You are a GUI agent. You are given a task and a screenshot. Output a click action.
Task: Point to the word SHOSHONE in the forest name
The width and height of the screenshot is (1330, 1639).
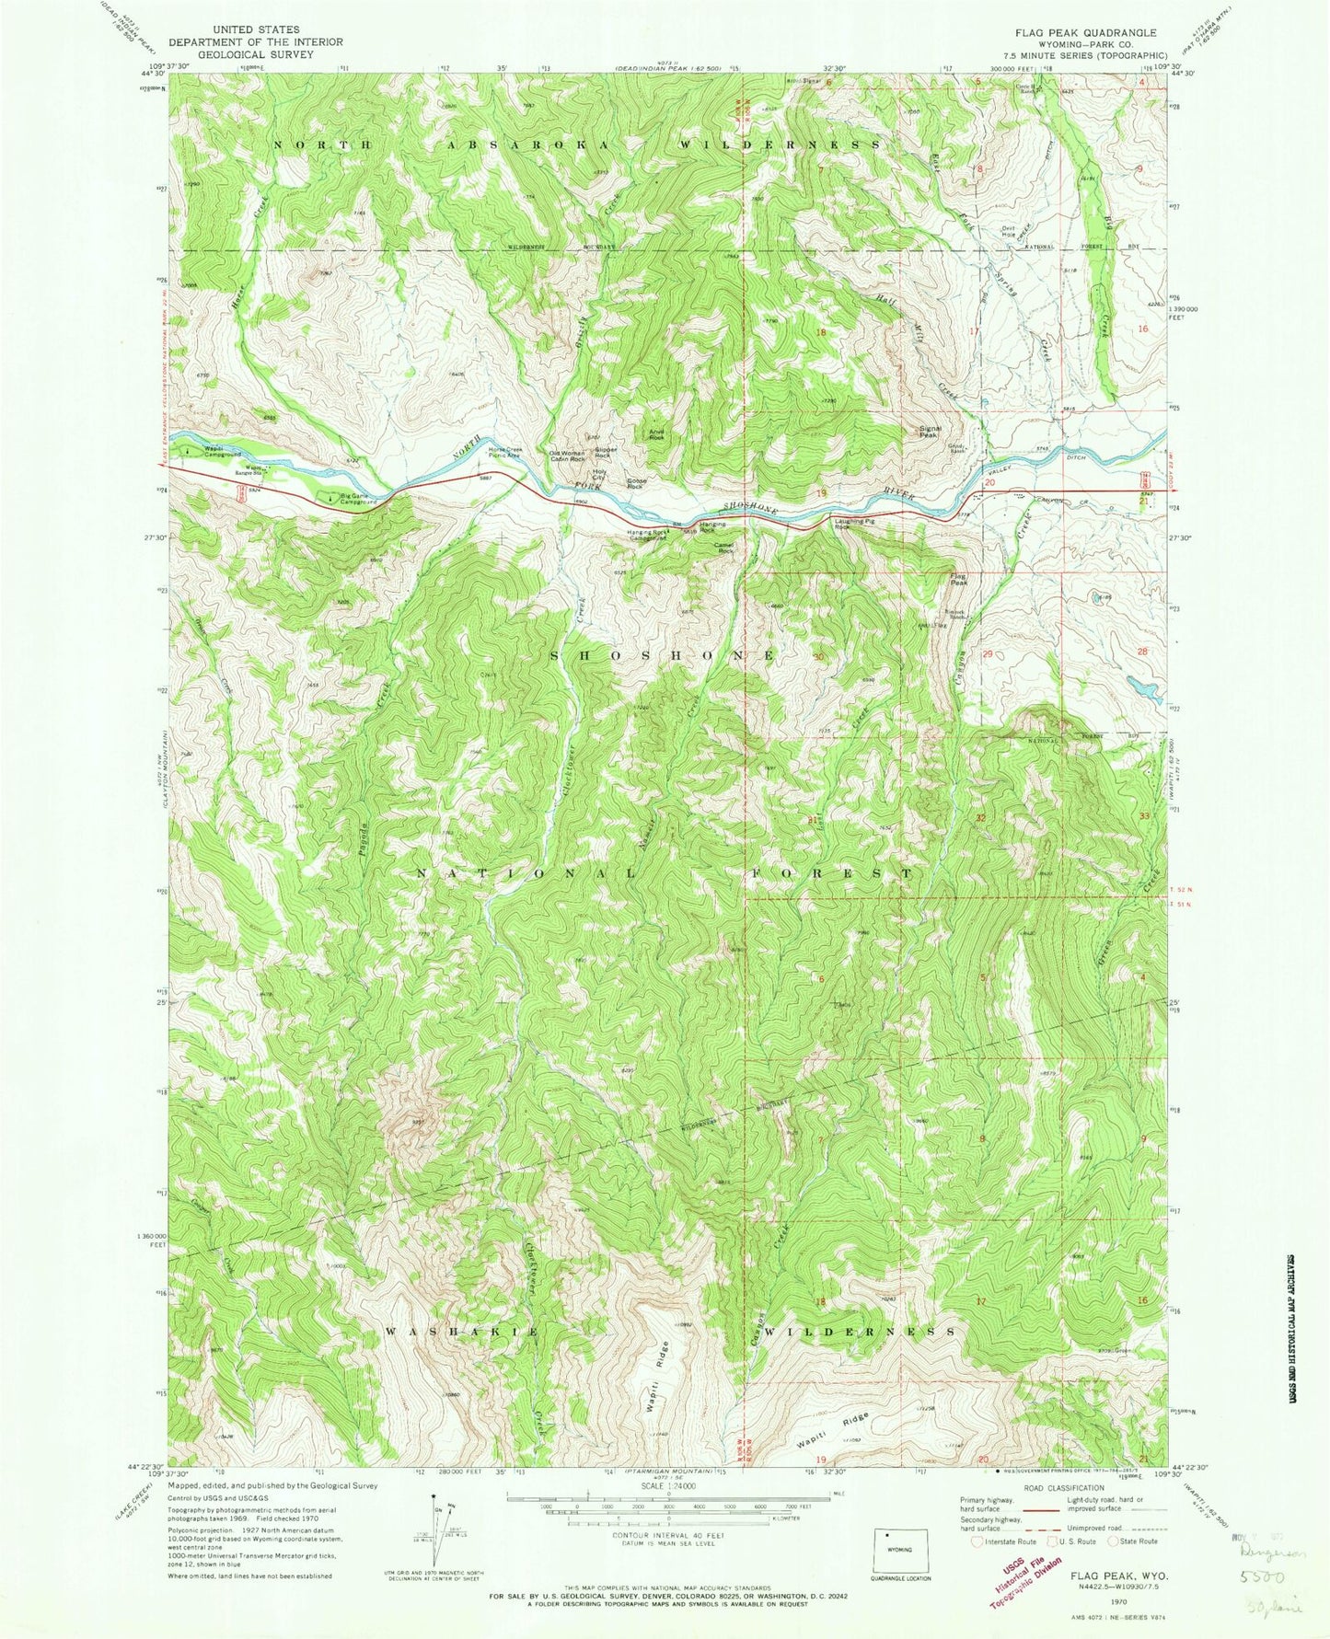pos(664,655)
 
